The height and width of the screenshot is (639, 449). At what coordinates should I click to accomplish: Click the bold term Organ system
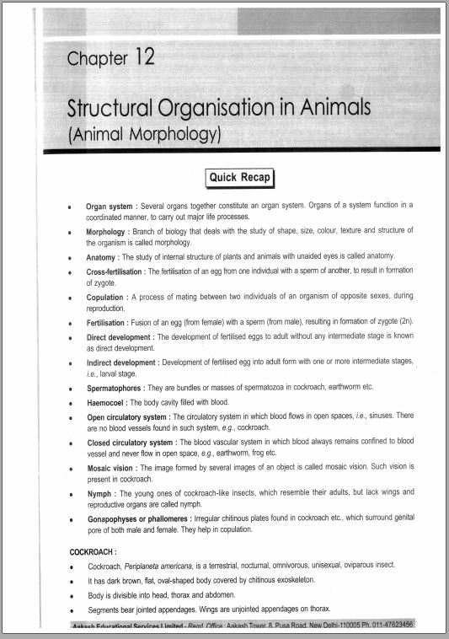click(x=110, y=206)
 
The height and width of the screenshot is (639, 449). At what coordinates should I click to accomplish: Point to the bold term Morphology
click(x=106, y=230)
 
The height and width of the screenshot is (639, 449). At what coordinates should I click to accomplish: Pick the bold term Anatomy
click(x=101, y=256)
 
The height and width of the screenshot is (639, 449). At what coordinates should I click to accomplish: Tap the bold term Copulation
click(x=105, y=298)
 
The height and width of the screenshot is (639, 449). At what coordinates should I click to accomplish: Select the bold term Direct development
click(x=119, y=336)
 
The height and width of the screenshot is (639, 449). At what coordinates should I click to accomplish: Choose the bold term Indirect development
click(x=121, y=362)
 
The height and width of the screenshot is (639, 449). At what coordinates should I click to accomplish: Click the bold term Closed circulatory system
click(x=131, y=442)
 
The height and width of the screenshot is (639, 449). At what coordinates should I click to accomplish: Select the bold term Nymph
click(x=99, y=492)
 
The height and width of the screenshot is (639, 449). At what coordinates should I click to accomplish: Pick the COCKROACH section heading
click(x=93, y=551)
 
